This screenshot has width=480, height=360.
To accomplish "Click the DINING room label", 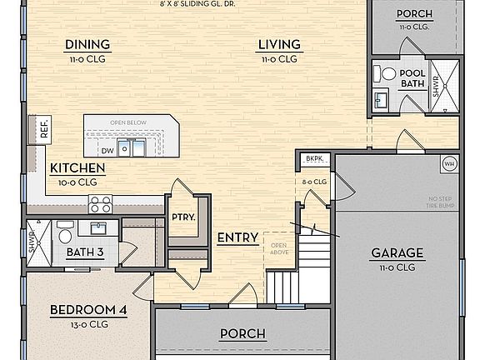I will pos(87,45).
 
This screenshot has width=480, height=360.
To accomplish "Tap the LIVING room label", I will pos(278,45).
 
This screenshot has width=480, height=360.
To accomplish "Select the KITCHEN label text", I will pos(77,167).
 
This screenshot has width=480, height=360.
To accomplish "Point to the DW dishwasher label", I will pos(107,151).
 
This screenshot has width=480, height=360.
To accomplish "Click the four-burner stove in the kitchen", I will pos(101,204).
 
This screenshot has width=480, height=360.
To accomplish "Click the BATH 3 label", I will pos(86,252).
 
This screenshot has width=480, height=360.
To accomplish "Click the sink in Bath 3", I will pos(99,227).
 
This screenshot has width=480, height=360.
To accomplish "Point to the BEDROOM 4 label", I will pos(88,311).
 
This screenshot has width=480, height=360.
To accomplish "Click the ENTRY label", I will pos(237,238).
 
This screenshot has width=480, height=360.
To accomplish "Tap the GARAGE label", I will pos(397,253).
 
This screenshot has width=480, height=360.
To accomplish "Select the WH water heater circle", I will pos(448,162).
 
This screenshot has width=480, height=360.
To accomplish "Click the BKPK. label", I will pos(313,158).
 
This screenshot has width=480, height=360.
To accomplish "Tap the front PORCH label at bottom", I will pos(242,334).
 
